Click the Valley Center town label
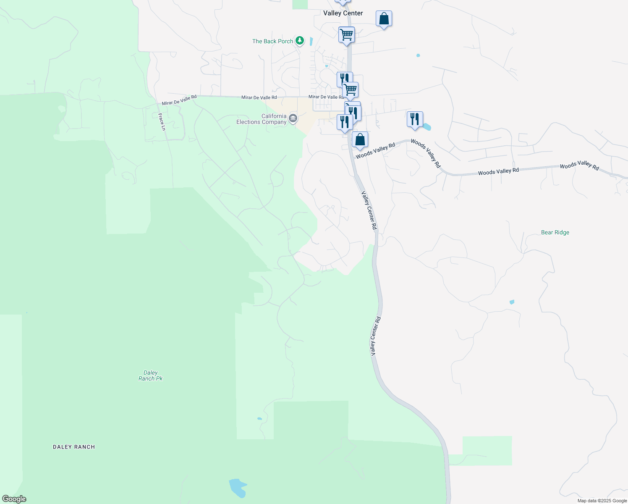click(343, 13)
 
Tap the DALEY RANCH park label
click(74, 447)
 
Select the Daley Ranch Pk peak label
click(150, 375)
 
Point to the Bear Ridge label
click(555, 232)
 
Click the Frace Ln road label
click(162, 121)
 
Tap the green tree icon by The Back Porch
click(299, 40)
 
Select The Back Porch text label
click(272, 41)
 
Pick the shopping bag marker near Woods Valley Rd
click(360, 140)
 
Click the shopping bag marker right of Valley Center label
click(384, 19)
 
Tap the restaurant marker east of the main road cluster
click(415, 120)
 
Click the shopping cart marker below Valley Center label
click(346, 35)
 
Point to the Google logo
click(14, 499)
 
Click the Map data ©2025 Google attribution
click(602, 501)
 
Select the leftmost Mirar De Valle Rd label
click(179, 100)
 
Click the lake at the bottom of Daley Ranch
click(237, 488)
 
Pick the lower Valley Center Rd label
click(375, 336)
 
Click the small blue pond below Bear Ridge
click(512, 302)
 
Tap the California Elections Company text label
click(262, 119)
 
